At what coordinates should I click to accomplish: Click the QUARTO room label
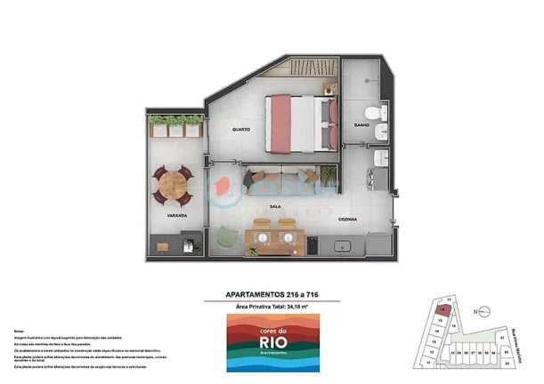240,130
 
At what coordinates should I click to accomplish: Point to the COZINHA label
348,218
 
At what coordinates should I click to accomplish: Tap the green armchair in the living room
228,236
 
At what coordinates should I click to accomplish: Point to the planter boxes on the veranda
175,126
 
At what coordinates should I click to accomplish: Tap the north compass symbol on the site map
477,310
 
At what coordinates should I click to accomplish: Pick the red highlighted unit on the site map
443,312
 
